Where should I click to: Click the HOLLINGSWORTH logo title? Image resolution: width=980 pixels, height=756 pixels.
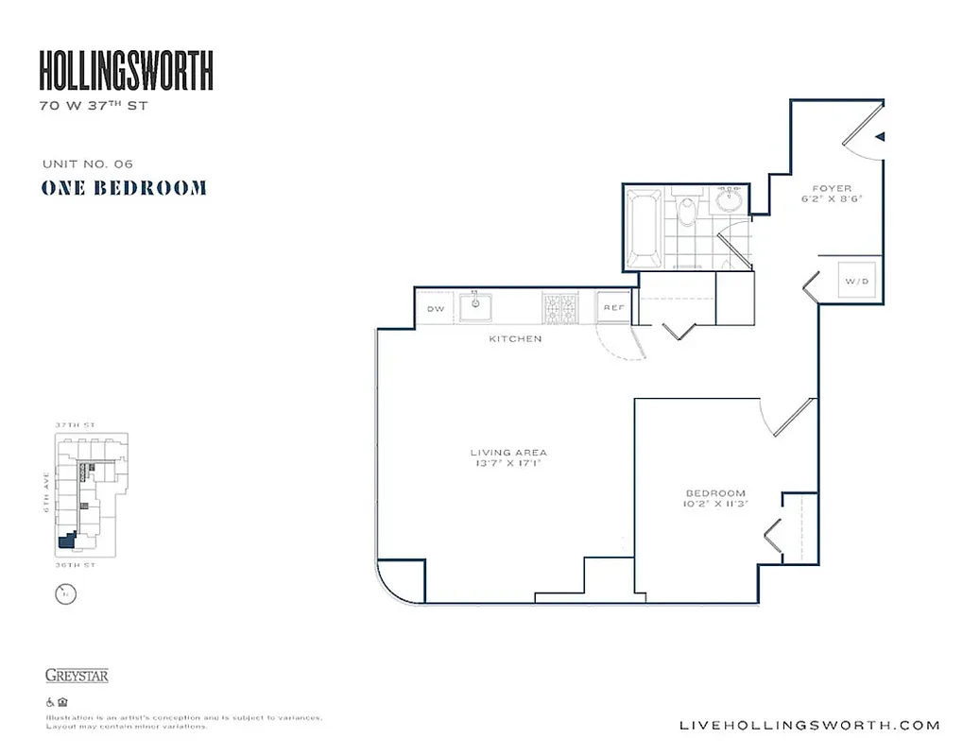126,71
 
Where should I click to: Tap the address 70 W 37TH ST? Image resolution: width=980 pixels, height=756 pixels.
94,106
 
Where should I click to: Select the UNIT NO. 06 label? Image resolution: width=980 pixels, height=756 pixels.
87,163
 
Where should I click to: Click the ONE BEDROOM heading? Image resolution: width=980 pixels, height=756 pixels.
124,188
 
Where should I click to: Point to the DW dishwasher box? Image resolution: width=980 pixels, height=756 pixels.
436,309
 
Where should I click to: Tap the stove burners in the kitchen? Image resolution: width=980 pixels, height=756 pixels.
559,308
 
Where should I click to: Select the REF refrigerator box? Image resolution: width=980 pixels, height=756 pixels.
612,308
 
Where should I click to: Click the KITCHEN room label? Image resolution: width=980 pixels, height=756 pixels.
515,338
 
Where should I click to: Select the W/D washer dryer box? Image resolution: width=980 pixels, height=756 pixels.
857,282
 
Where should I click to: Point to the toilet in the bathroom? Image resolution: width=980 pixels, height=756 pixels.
687,213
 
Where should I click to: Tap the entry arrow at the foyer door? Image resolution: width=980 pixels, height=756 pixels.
880,137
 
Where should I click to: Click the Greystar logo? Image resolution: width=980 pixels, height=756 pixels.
77,676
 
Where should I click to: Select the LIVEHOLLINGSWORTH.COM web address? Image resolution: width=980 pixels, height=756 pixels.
810,726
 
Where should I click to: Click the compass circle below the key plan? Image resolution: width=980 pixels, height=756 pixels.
65,594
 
